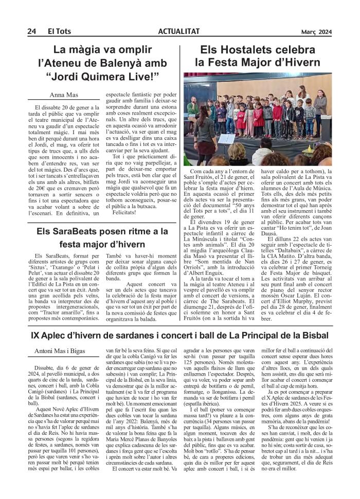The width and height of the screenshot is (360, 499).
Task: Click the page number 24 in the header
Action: click(x=31, y=32)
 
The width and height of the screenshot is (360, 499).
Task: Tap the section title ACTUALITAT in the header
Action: click(x=179, y=32)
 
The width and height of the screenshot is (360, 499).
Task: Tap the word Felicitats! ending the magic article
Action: click(x=125, y=212)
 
